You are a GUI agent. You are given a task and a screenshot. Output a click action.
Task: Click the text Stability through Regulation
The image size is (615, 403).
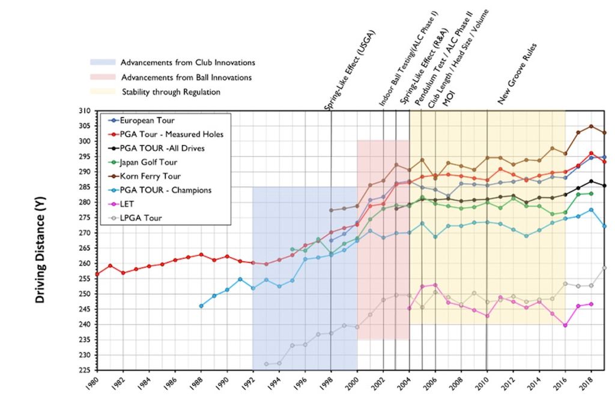point(171,92)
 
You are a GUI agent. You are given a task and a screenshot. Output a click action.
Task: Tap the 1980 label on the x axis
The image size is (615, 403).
point(94,385)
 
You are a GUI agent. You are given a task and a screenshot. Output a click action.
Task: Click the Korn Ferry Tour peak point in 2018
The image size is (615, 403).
point(591,126)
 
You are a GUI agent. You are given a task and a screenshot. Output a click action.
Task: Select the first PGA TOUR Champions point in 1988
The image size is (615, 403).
point(201,306)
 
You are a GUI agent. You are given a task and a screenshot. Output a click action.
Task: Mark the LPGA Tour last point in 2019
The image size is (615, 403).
point(604,268)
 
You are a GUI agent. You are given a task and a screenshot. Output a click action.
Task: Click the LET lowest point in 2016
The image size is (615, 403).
point(565,325)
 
